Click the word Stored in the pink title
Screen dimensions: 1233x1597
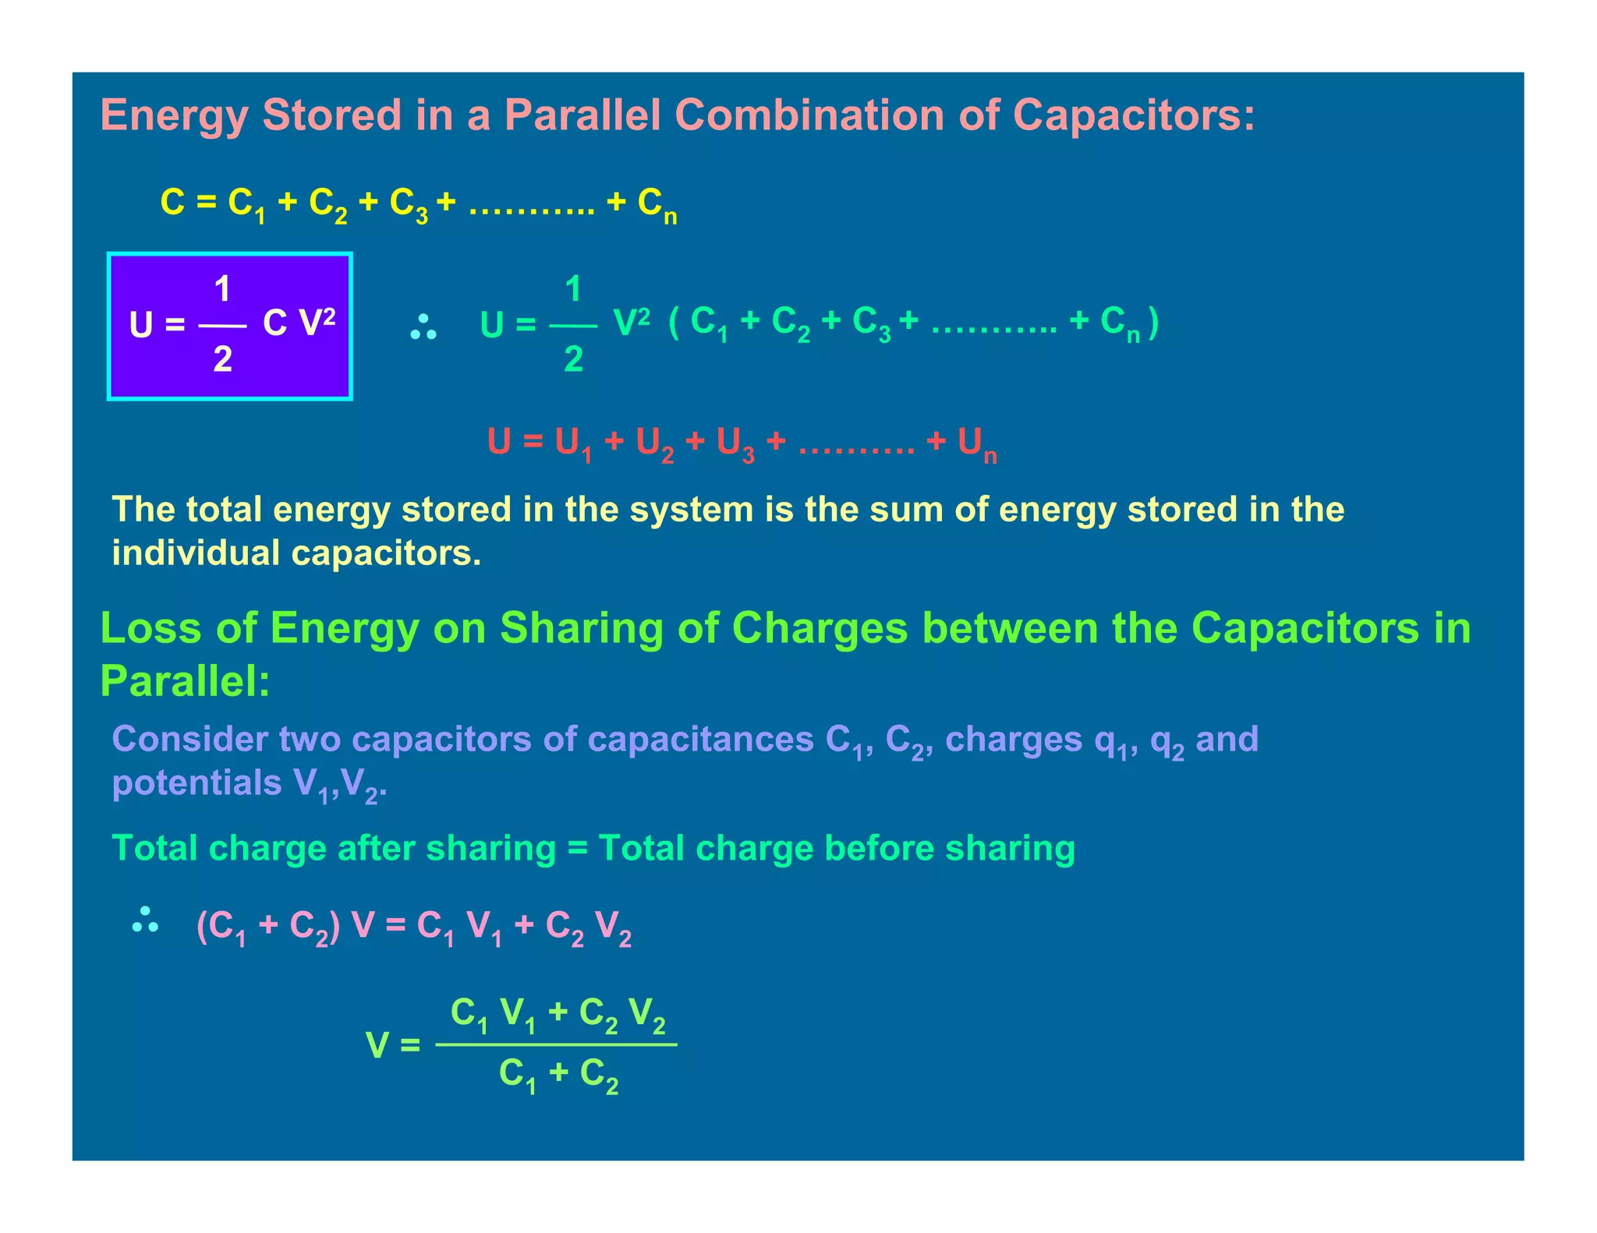331,115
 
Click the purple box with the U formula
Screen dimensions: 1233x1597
230,326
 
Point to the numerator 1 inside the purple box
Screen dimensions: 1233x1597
222,290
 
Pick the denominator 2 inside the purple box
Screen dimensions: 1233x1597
222,359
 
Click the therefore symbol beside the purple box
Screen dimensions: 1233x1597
423,327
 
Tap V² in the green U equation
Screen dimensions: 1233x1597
632,321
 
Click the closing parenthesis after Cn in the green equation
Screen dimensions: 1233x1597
1153,321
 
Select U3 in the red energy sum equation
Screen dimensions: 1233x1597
735,444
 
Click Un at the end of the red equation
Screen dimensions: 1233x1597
977,444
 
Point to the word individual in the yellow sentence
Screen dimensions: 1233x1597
196,553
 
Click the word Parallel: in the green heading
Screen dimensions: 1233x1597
185,681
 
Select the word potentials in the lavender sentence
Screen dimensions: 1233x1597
197,783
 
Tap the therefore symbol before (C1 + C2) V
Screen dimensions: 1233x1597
146,920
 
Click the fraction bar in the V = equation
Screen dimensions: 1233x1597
556,1044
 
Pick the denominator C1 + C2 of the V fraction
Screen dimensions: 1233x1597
558,1075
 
